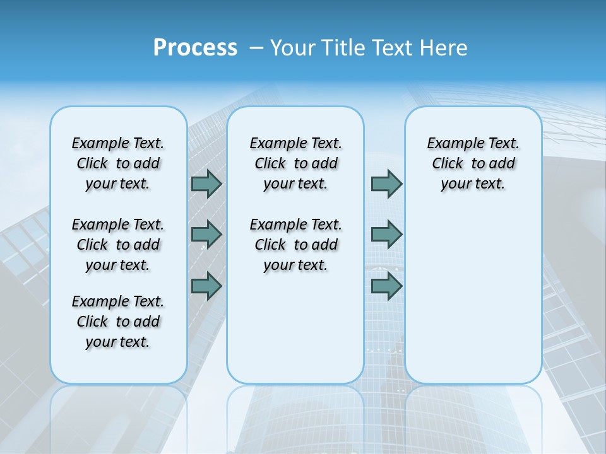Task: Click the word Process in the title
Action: [x=195, y=47]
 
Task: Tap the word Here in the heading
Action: [x=444, y=47]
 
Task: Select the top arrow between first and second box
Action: [x=206, y=183]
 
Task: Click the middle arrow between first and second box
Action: [x=206, y=235]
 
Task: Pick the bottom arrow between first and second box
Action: [x=206, y=286]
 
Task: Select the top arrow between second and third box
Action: [x=386, y=183]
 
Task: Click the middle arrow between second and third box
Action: [x=386, y=235]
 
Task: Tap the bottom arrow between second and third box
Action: [x=386, y=286]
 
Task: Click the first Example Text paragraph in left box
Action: [x=118, y=163]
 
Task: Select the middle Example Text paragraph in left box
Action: [x=118, y=245]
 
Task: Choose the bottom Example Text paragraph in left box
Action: [x=118, y=322]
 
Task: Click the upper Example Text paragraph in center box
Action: [x=295, y=163]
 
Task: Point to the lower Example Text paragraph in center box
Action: [x=295, y=245]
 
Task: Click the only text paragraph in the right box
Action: [x=473, y=163]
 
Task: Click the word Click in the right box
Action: [x=448, y=164]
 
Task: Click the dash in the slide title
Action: [x=256, y=48]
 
